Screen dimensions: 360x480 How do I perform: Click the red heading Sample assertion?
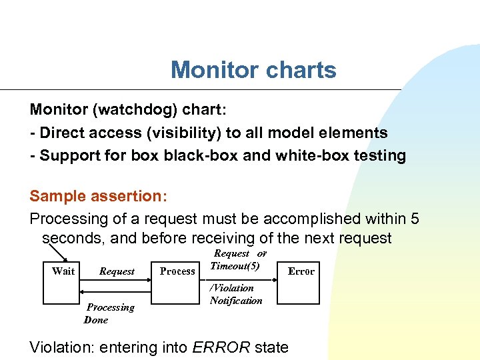97,196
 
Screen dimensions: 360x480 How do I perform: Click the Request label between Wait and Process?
117,271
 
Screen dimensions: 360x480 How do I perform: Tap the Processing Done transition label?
109,313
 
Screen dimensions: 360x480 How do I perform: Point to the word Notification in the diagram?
236,301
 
